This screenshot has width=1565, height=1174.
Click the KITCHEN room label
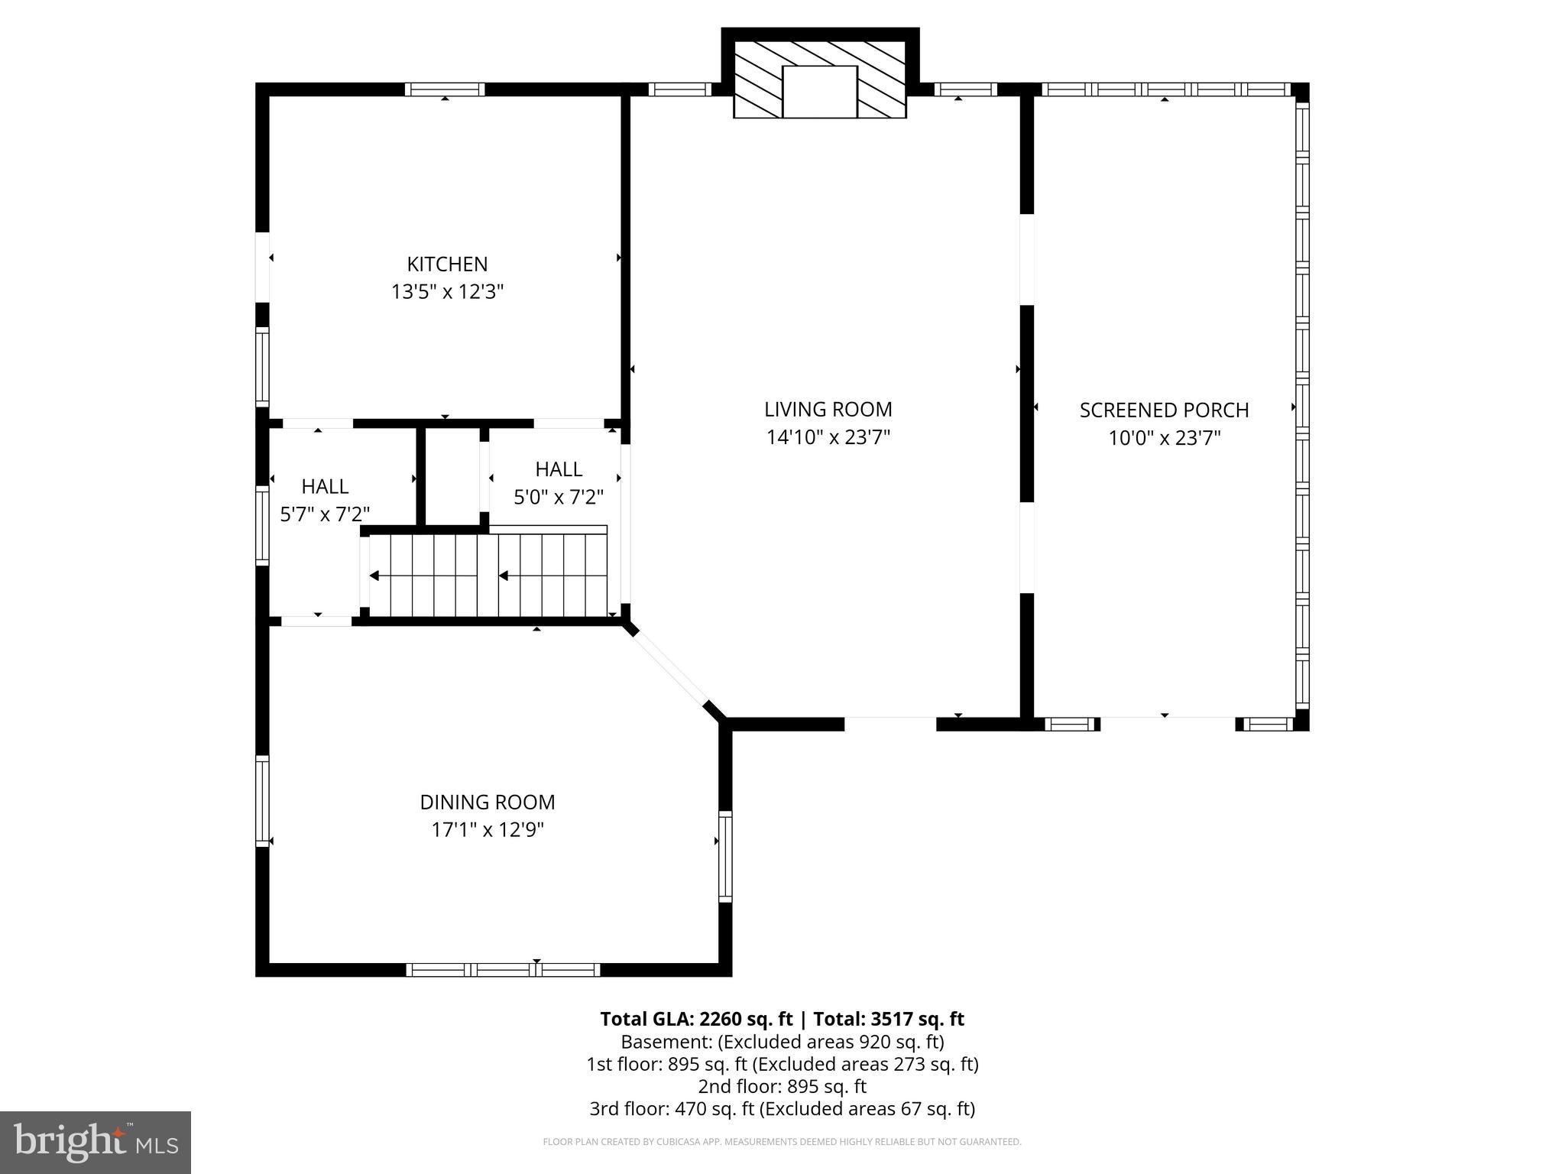[x=447, y=264]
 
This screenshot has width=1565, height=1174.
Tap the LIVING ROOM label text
[x=828, y=410]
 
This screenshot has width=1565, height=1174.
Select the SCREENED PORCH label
[x=1164, y=410]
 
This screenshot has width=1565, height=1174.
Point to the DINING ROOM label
[x=488, y=802]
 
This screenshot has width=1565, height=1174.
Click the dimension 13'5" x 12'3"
[x=447, y=292]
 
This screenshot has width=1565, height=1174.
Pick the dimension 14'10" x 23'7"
[x=828, y=437]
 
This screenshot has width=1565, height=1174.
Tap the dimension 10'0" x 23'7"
[x=1164, y=438]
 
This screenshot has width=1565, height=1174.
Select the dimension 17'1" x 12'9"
[x=488, y=829]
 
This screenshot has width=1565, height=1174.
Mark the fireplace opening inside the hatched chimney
[x=820, y=92]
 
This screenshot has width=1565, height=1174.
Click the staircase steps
[x=489, y=576]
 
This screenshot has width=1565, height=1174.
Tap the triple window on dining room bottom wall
[x=503, y=969]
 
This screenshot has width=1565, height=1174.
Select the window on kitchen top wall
[x=445, y=89]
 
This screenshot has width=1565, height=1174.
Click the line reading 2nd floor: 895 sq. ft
[x=782, y=1086]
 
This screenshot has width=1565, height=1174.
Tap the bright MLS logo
[x=96, y=1142]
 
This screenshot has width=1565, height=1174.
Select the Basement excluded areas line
[x=782, y=1042]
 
